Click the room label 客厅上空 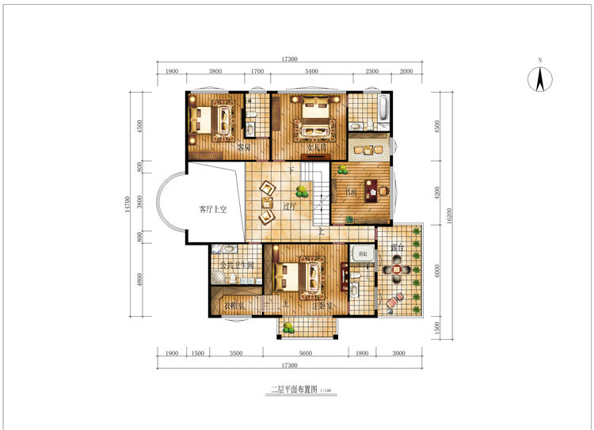pos(212,209)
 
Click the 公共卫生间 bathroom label pos(236,265)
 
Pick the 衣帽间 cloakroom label pos(234,304)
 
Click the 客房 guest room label pos(244,147)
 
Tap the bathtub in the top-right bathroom pos(383,110)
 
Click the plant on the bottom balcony pos(288,328)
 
